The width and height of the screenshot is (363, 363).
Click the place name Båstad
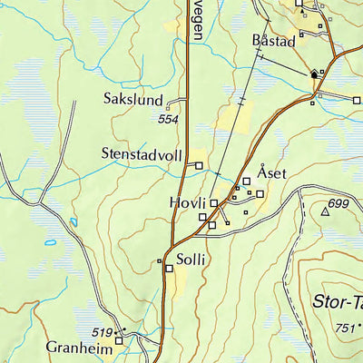(x=269, y=42)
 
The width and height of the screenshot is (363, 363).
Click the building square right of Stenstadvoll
(x=200, y=164)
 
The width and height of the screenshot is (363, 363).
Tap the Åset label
(x=271, y=172)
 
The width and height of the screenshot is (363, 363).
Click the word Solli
(x=191, y=259)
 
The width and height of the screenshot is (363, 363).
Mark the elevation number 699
(x=339, y=203)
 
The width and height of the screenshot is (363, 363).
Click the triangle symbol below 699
(x=325, y=211)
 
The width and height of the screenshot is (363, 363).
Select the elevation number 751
(x=344, y=329)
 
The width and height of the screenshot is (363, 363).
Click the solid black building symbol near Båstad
(x=315, y=74)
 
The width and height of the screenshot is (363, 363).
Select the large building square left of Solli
(x=168, y=268)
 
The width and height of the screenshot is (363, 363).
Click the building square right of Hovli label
(x=214, y=204)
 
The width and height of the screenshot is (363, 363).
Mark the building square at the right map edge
(x=357, y=100)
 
